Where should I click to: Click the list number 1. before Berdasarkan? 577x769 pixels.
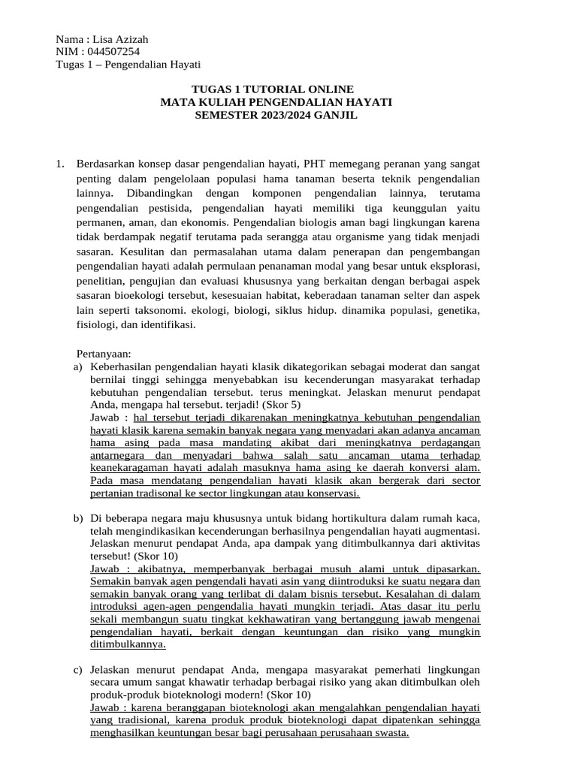[x=62, y=163]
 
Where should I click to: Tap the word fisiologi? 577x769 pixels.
[x=99, y=324]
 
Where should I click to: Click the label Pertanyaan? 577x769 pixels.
[x=104, y=353]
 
